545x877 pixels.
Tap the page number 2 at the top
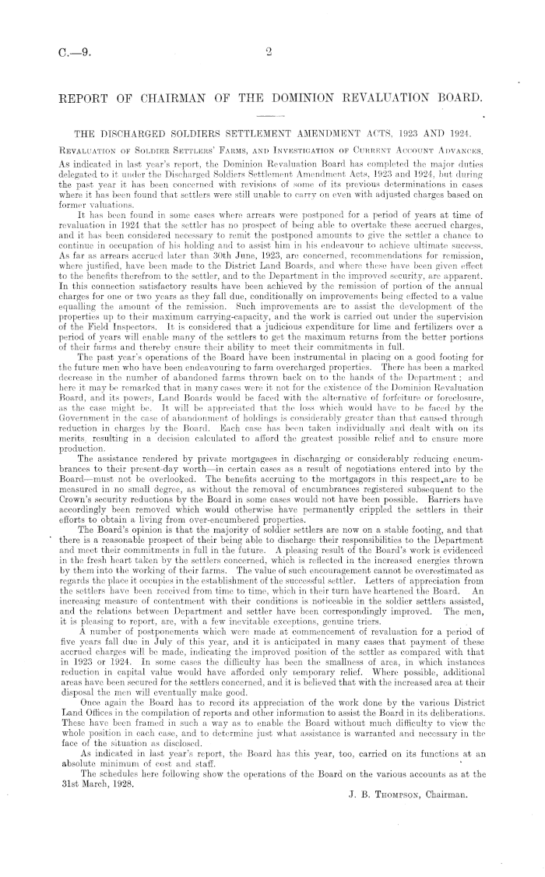click(268, 53)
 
